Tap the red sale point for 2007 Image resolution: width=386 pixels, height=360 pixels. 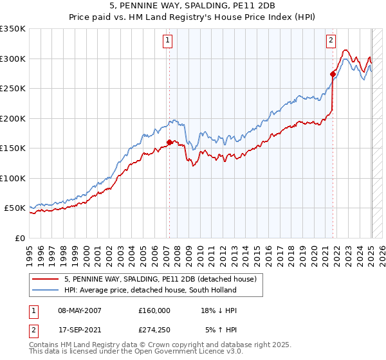pos(169,142)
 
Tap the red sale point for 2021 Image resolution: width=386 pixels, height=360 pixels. pos(333,74)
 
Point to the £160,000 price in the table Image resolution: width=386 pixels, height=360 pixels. pos(154,310)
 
